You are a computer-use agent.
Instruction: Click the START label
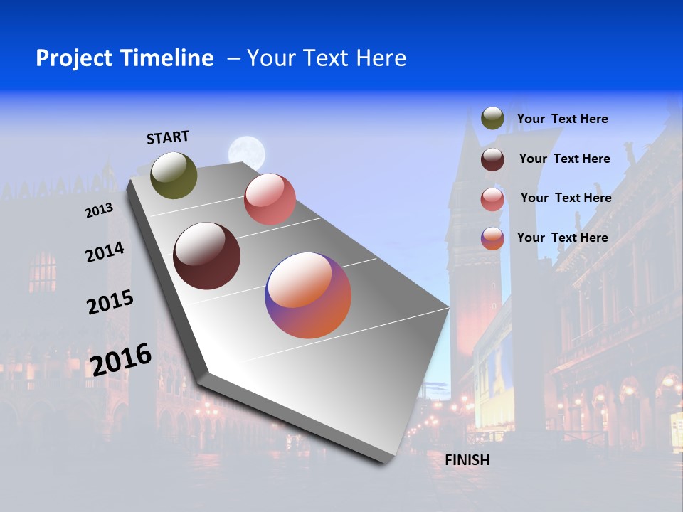pyautogui.click(x=168, y=137)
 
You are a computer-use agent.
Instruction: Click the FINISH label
pyautogui.click(x=467, y=460)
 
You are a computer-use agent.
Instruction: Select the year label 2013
pyautogui.click(x=99, y=210)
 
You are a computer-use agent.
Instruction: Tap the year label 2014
pyautogui.click(x=105, y=252)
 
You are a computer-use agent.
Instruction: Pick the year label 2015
pyautogui.click(x=110, y=302)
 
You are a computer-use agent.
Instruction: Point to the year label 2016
pyautogui.click(x=121, y=360)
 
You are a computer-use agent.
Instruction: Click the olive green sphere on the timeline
pyautogui.click(x=174, y=175)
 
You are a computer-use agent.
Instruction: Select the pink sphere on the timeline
pyautogui.click(x=270, y=199)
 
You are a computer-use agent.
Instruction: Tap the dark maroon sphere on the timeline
pyautogui.click(x=207, y=256)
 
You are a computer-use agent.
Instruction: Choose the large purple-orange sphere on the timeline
pyautogui.click(x=308, y=295)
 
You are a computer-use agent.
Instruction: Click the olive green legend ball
pyautogui.click(x=492, y=118)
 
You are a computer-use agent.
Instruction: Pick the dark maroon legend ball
pyautogui.click(x=492, y=159)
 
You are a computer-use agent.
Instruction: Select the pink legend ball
pyautogui.click(x=492, y=199)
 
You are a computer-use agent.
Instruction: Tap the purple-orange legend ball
pyautogui.click(x=492, y=238)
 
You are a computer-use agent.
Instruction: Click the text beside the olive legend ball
pyautogui.click(x=562, y=119)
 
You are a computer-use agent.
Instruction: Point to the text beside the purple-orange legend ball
pyautogui.click(x=562, y=238)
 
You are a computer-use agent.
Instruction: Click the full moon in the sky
pyautogui.click(x=247, y=152)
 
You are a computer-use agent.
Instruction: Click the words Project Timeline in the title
pyautogui.click(x=125, y=58)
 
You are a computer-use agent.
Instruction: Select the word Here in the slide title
pyautogui.click(x=381, y=58)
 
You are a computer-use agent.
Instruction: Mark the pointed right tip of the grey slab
pyautogui.click(x=448, y=308)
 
